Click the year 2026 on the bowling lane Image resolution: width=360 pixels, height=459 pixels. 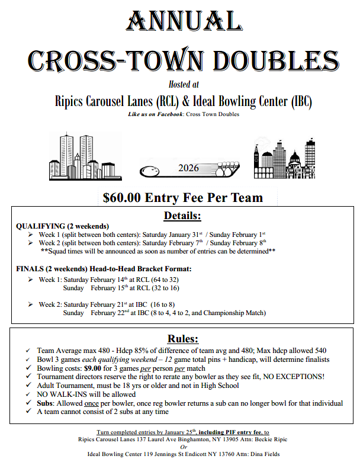click(188, 168)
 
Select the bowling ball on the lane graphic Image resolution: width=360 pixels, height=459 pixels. click(147, 172)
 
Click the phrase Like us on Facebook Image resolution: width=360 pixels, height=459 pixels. click(156, 114)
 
